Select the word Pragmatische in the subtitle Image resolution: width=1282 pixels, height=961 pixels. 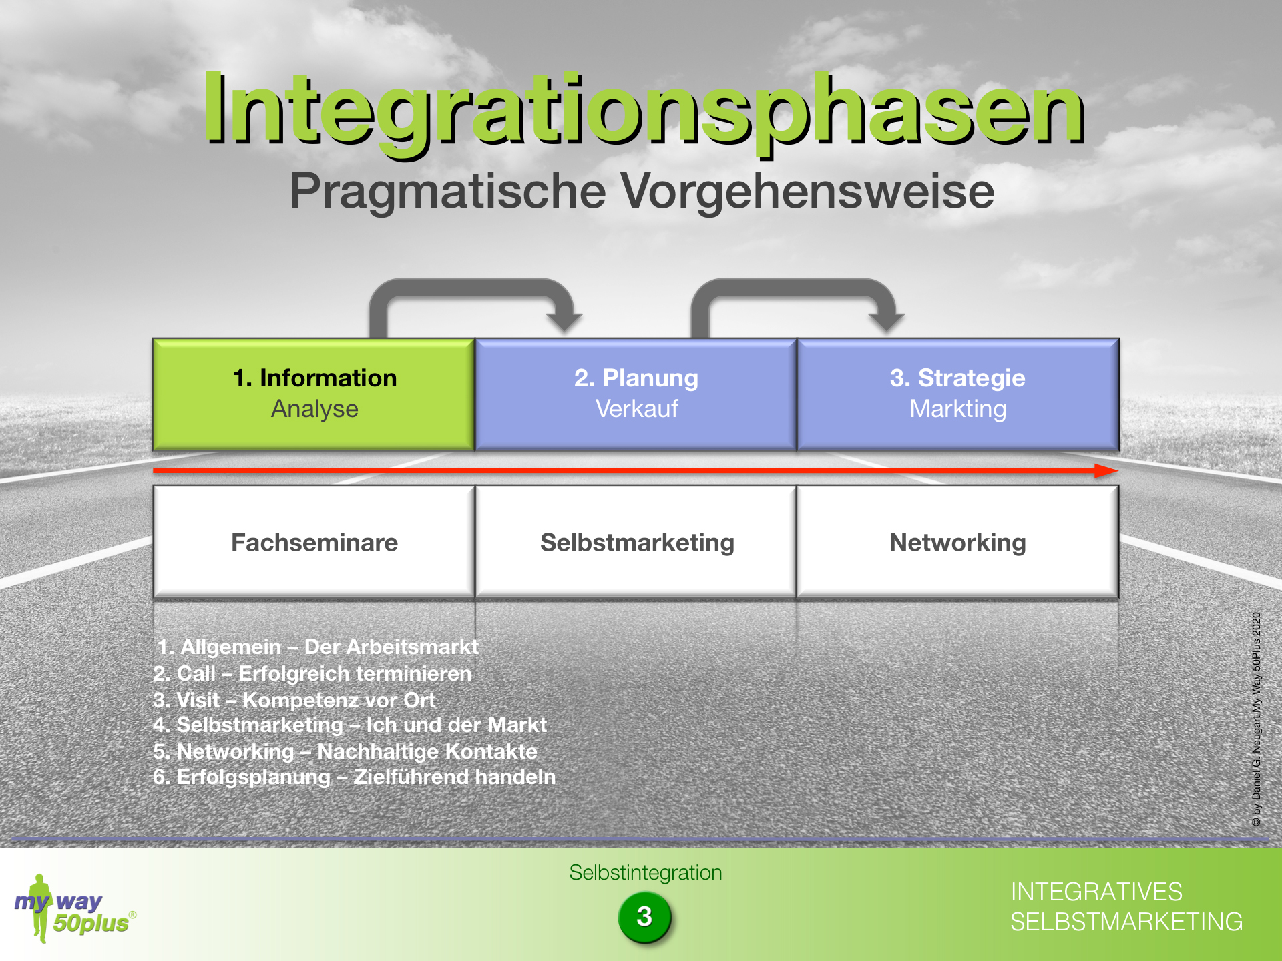click(x=448, y=192)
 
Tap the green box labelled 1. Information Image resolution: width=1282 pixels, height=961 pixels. click(x=314, y=394)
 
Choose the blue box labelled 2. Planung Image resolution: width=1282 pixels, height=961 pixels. click(x=636, y=394)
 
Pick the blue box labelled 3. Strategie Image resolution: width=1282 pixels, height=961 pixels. click(x=958, y=394)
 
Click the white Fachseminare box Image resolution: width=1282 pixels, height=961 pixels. click(x=314, y=541)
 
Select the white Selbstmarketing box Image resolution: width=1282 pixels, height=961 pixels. click(x=636, y=541)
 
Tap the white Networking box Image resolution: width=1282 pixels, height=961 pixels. click(x=958, y=541)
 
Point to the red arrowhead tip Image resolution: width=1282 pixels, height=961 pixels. click(x=1118, y=471)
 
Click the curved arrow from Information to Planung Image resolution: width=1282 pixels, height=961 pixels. click(x=471, y=286)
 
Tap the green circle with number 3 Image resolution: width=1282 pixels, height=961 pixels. click(x=644, y=916)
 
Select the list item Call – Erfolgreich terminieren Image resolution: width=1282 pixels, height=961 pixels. click(x=312, y=673)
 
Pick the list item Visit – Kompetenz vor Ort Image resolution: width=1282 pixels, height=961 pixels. click(x=294, y=700)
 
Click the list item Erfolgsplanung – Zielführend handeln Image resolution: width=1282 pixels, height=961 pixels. click(x=355, y=777)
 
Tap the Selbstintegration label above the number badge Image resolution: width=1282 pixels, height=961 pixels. click(x=646, y=872)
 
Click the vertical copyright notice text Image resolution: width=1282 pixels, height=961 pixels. click(x=1257, y=719)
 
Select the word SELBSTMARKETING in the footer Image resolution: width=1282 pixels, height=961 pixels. click(x=1126, y=922)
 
